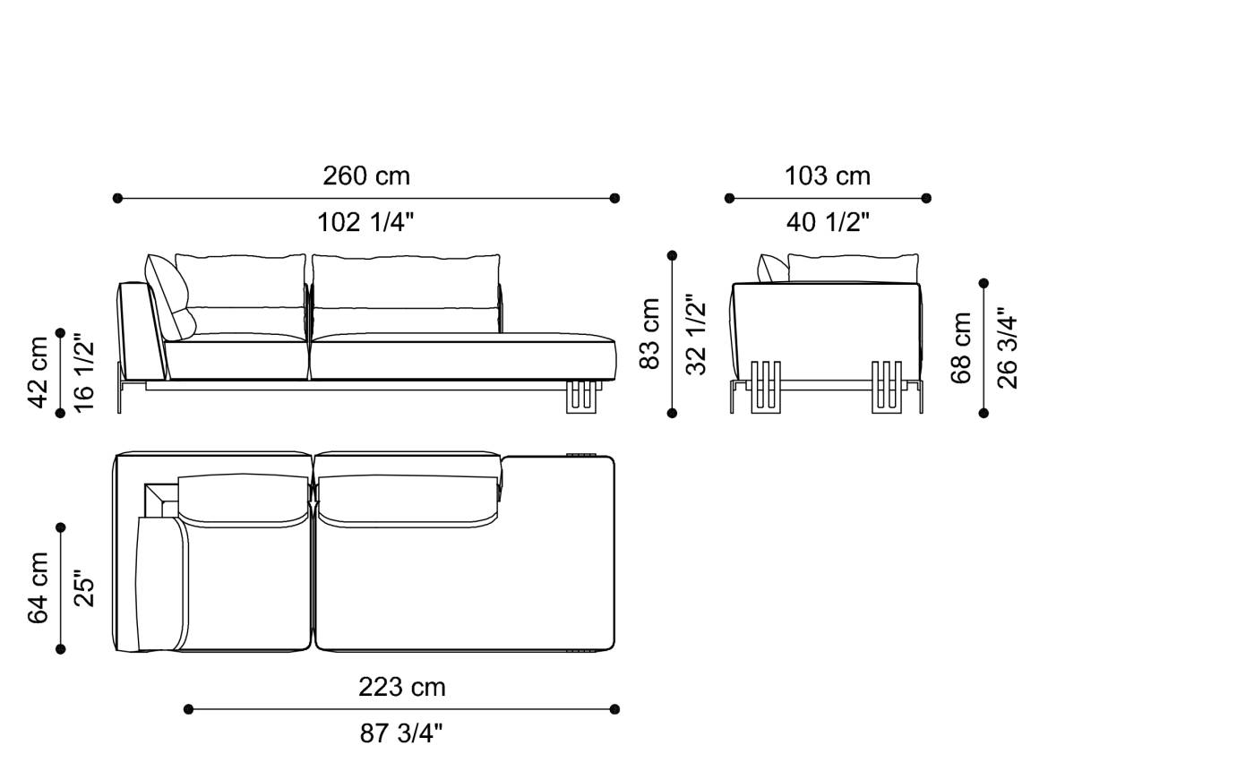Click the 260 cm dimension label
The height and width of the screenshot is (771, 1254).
point(366,176)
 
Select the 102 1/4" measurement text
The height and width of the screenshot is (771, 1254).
point(366,222)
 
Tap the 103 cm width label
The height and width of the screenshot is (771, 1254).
point(828,176)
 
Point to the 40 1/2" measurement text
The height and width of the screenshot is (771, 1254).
point(828,222)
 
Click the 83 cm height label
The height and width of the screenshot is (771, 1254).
point(650,334)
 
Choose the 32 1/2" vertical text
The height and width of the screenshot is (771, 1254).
point(696,334)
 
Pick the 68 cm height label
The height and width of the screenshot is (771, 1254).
point(961,347)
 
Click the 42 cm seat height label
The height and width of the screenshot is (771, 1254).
point(39,372)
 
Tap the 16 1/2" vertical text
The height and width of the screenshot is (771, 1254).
point(84,372)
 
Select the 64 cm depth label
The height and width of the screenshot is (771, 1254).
point(39,588)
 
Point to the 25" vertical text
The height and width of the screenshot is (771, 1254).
point(84,588)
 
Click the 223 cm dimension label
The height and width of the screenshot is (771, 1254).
point(402,687)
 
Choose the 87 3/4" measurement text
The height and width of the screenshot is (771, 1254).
point(402,733)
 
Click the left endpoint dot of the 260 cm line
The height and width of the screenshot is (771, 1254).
point(117,198)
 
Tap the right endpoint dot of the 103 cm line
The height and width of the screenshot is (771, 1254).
point(926,198)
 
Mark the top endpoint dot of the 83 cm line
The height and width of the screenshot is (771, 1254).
point(672,255)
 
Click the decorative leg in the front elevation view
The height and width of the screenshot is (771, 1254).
point(580,398)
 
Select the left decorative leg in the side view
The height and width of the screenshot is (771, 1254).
point(766,387)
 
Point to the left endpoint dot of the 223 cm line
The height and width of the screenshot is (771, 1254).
point(188,709)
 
